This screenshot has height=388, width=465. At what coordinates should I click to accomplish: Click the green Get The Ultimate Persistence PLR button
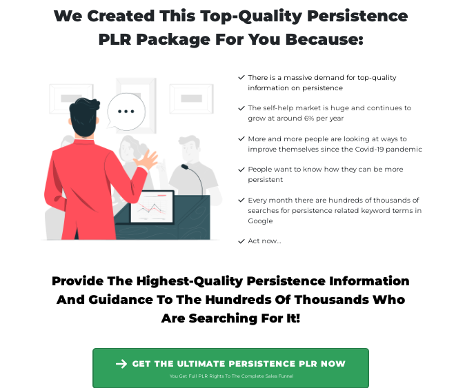[230, 367]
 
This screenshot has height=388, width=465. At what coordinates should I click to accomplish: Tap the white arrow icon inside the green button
[121, 364]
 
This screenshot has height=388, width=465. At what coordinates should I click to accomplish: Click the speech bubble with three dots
[126, 111]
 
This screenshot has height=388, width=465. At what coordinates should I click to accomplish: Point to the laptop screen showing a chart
[152, 205]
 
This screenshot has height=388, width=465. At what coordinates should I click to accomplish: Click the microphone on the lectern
[185, 166]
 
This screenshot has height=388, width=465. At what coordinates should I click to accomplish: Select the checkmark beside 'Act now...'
[241, 241]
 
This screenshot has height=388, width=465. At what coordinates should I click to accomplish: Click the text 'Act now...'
[264, 241]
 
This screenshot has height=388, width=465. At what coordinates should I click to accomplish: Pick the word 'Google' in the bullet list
[260, 221]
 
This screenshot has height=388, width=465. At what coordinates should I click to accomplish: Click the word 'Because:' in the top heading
[328, 39]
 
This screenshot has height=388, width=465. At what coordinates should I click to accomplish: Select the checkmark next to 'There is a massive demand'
[241, 78]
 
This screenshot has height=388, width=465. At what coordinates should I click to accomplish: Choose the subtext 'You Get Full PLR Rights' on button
[230, 376]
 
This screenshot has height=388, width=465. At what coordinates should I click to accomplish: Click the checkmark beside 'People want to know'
[241, 170]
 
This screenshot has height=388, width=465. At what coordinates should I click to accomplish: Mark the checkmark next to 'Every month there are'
[241, 200]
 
